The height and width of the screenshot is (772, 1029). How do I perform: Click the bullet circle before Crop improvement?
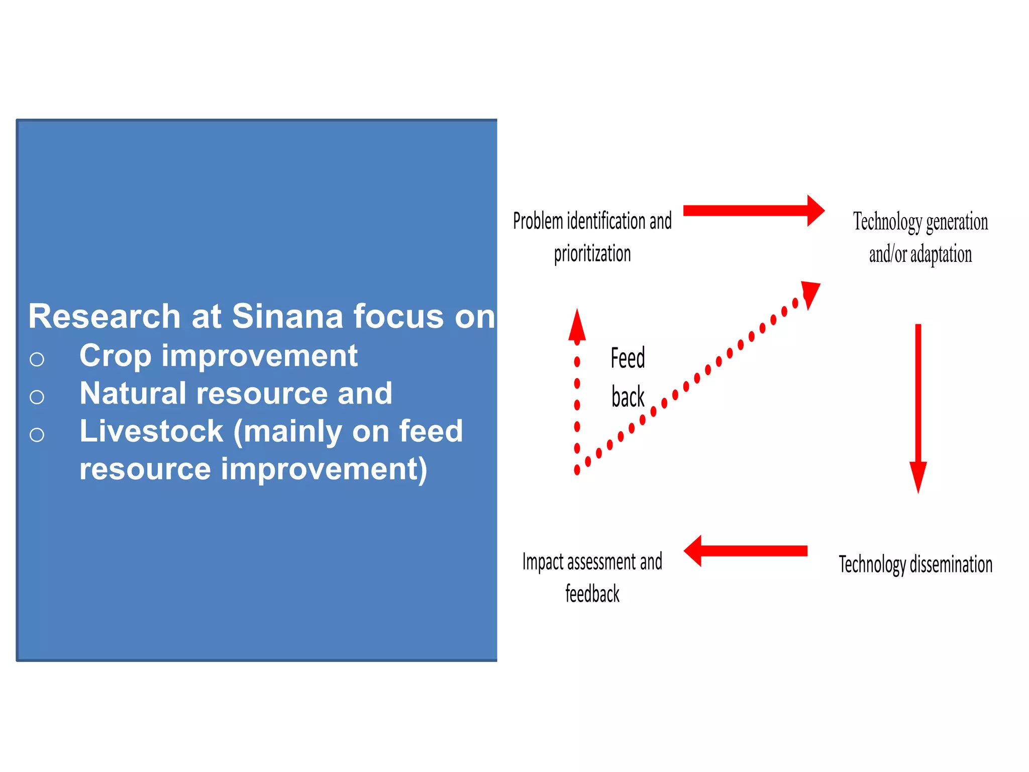(x=37, y=359)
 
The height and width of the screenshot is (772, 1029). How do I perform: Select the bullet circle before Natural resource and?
(x=37, y=397)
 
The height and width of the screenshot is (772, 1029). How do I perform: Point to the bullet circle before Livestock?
(x=37, y=435)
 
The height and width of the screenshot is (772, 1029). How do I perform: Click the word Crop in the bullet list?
(x=115, y=356)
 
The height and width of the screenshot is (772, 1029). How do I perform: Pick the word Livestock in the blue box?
(x=151, y=431)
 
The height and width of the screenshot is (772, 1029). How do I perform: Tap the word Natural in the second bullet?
(x=132, y=394)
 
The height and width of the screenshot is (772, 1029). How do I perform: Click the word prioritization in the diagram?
(x=592, y=254)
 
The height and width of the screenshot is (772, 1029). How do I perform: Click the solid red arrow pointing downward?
(x=918, y=407)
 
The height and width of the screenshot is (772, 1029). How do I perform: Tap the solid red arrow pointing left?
(x=746, y=551)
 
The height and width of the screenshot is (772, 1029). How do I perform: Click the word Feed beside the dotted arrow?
(x=628, y=358)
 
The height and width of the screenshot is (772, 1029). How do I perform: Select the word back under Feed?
(x=628, y=397)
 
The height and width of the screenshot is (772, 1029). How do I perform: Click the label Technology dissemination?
(x=915, y=564)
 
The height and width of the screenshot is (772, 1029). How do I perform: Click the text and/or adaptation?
(x=920, y=254)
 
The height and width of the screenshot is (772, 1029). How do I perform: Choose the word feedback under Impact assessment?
(x=592, y=594)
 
